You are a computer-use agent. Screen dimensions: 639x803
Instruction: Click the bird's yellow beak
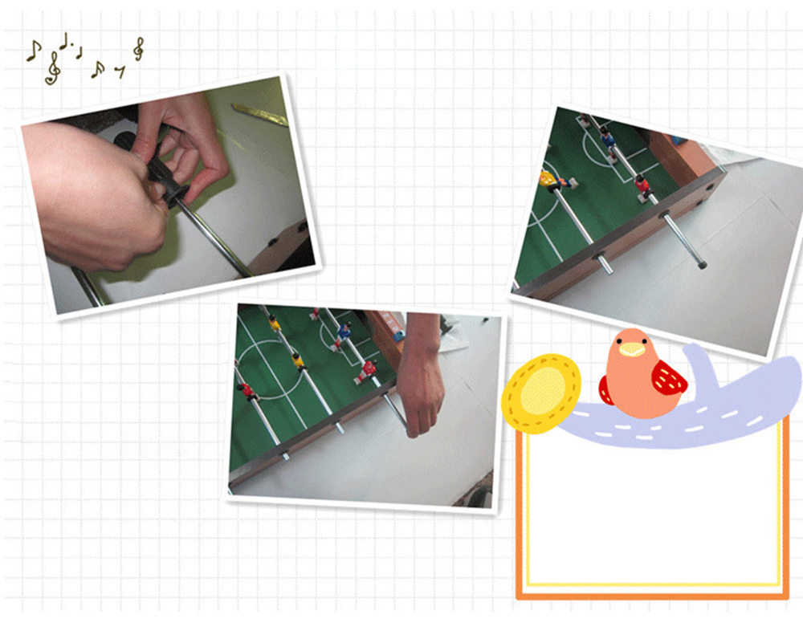tap(633, 349)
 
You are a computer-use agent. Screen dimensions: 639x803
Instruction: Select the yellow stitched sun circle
tap(542, 393)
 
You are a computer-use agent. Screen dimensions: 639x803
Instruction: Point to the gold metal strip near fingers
tap(259, 114)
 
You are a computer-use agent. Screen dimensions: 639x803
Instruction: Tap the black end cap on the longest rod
tap(703, 263)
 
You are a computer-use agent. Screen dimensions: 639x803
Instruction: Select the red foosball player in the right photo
tap(642, 185)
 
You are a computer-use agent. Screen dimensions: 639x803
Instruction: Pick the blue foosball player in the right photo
tap(609, 139)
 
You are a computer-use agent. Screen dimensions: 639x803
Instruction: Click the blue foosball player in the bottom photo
tap(344, 331)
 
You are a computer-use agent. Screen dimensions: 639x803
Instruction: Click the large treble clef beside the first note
tap(53, 69)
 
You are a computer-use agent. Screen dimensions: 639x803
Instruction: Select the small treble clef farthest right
tap(139, 49)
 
